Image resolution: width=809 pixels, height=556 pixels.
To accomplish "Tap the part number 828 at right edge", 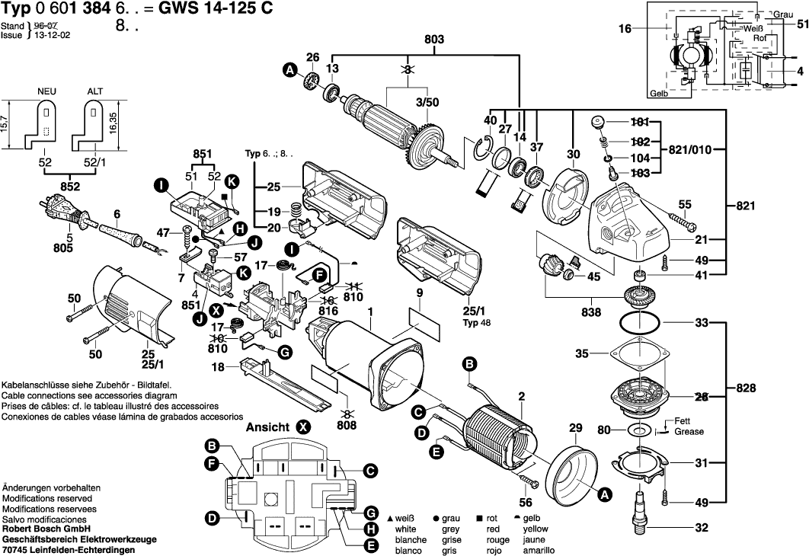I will pos(747,388).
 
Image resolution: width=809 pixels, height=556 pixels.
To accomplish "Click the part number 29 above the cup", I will pos(576,429).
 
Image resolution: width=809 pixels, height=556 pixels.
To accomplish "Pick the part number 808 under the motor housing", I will pos(347,425).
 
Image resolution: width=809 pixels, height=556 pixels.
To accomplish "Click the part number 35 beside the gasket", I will pos(582,353).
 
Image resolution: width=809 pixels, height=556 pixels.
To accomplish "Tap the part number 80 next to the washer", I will pos(604,430).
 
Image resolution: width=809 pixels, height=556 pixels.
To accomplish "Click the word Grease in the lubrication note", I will pos(689,431).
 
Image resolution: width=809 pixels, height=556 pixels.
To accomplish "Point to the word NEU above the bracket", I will pos(48,91).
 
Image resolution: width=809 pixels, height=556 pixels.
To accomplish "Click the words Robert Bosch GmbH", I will pos(45,528).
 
